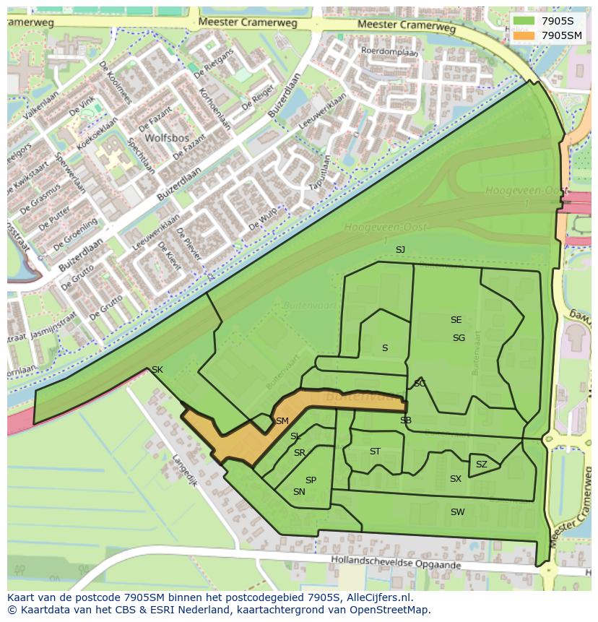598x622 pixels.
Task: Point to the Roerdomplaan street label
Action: point(390,52)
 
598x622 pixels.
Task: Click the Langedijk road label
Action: point(184,470)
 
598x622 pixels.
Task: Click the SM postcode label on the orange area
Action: point(282,420)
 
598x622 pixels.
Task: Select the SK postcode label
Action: point(157,370)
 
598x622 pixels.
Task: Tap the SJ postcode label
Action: point(400,249)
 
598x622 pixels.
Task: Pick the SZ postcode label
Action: point(482,465)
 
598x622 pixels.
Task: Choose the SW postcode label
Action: point(457,512)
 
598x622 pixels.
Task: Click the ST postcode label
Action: point(375,452)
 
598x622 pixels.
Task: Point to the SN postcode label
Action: point(299,492)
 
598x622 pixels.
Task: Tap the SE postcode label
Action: point(456,320)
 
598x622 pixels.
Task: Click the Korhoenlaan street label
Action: point(216,108)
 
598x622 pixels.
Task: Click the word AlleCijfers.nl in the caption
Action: point(378,597)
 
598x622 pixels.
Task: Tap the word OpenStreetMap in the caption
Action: point(391,610)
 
